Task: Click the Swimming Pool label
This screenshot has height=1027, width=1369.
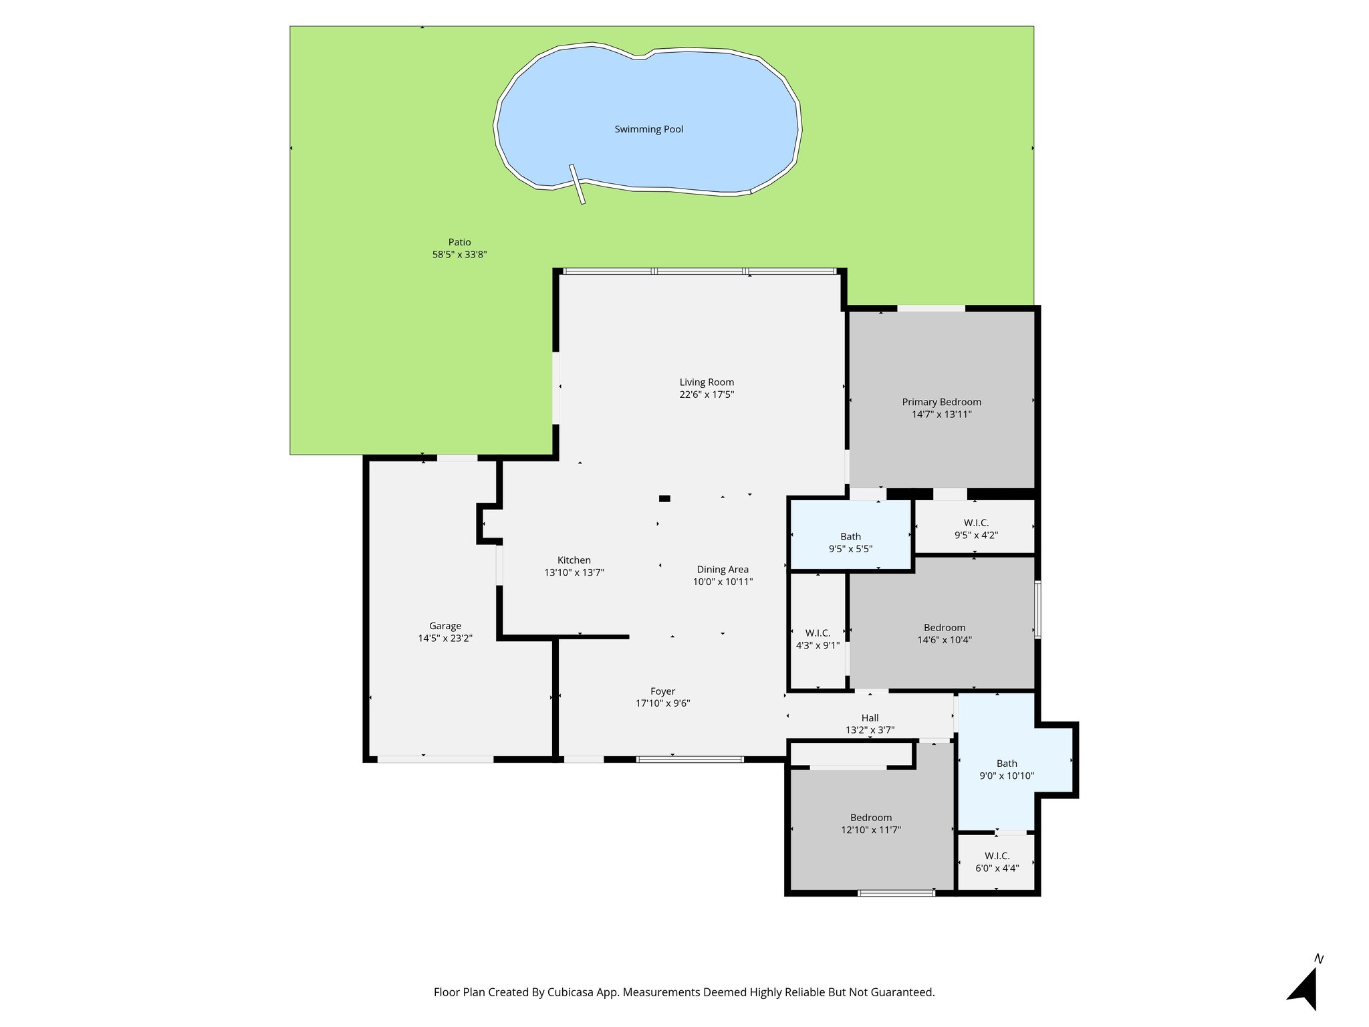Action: click(648, 129)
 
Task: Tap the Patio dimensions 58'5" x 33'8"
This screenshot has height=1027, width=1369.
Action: click(459, 255)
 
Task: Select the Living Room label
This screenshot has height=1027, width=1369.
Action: click(707, 382)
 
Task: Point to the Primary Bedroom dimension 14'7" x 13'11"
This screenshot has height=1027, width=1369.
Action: click(941, 415)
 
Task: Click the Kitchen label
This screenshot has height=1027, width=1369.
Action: click(574, 560)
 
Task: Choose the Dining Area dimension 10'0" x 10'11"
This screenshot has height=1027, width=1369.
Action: click(723, 582)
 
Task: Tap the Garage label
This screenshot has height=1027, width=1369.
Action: click(445, 626)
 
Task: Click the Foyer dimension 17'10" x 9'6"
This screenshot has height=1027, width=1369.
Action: click(662, 703)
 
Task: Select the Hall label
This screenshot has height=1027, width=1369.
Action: click(870, 718)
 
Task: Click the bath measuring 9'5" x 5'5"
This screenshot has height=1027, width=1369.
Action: click(850, 542)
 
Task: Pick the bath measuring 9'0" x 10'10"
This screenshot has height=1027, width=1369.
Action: click(1006, 769)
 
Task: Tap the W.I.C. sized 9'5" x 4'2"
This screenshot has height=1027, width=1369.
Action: click(975, 528)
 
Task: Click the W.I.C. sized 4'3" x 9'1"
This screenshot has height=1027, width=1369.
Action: click(818, 639)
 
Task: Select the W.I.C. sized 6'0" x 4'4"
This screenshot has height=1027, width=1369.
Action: click(997, 862)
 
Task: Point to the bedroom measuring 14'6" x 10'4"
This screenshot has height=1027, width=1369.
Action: click(944, 633)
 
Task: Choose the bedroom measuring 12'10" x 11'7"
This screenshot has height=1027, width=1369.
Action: click(870, 823)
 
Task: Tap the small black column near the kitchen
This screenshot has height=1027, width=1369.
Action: click(664, 498)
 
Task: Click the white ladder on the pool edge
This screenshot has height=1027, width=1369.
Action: click(577, 184)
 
